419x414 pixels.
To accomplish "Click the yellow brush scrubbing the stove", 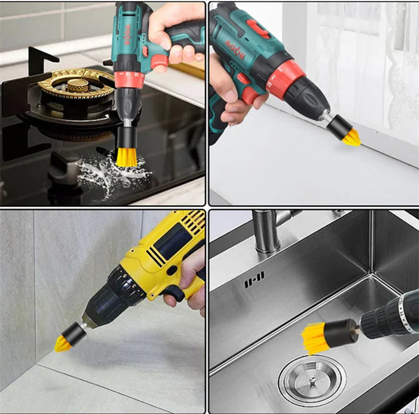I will coord(126,156).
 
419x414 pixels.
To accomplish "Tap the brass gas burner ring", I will coord(76,84).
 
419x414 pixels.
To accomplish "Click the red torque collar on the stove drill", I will coord(128,79).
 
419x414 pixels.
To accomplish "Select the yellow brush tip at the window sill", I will coord(351,138).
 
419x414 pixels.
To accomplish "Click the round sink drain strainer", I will coord(312,381).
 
